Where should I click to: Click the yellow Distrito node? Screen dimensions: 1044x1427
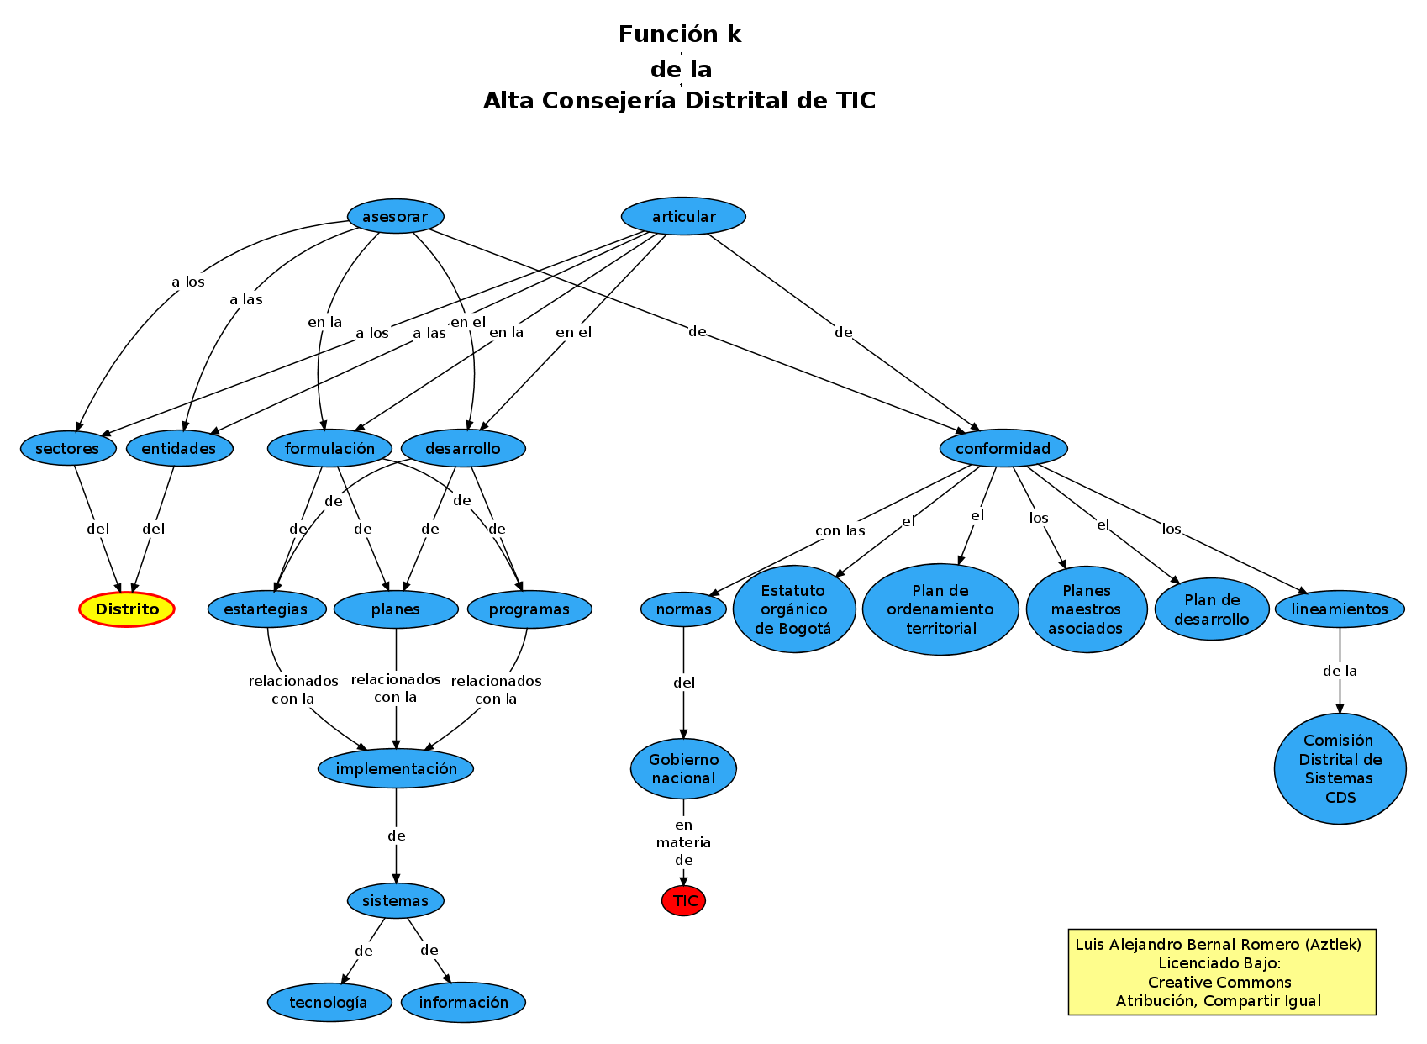coord(127,609)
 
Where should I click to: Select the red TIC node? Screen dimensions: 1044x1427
coord(683,901)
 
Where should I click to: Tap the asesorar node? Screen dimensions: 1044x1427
coord(395,217)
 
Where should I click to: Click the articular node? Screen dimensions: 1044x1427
coord(683,217)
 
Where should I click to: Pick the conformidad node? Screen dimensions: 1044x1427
coord(1003,449)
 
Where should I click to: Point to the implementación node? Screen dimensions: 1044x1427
coord(396,769)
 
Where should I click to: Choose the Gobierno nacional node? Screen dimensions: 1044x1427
coord(683,769)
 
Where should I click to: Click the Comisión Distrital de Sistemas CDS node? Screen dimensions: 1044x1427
coord(1340,769)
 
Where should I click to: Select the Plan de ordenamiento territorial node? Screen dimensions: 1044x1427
coord(940,609)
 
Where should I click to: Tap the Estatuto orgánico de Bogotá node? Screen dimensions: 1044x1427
coord(793,609)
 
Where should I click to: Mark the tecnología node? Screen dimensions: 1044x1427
coord(329,1003)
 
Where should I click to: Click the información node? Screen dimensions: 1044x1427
coord(463,1003)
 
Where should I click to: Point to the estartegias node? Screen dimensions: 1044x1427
coord(266,609)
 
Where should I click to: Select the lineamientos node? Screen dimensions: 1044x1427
coord(1340,609)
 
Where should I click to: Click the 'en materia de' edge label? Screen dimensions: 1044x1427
coord(683,842)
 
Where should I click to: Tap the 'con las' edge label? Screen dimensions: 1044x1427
coord(840,531)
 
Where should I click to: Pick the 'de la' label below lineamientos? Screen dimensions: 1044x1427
coord(1340,672)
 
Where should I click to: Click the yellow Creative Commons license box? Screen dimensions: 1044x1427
coord(1221,973)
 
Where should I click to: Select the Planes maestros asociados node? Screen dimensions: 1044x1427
coord(1086,609)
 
